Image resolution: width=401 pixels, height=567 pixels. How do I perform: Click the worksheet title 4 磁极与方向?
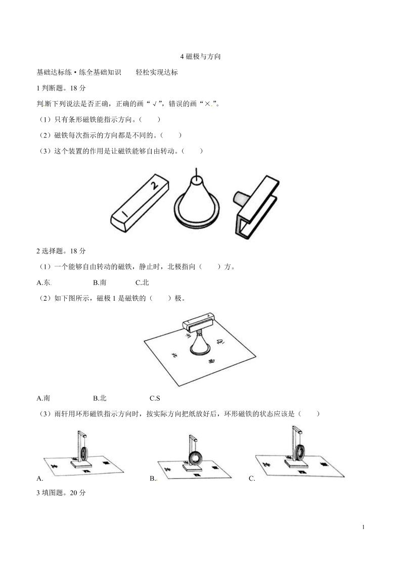(x=200, y=57)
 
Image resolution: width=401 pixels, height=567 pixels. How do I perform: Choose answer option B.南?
(x=99, y=283)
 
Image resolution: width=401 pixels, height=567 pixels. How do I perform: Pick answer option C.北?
(x=142, y=283)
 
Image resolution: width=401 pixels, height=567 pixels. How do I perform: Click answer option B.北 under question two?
(x=100, y=398)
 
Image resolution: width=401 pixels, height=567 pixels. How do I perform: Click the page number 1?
(x=364, y=527)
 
